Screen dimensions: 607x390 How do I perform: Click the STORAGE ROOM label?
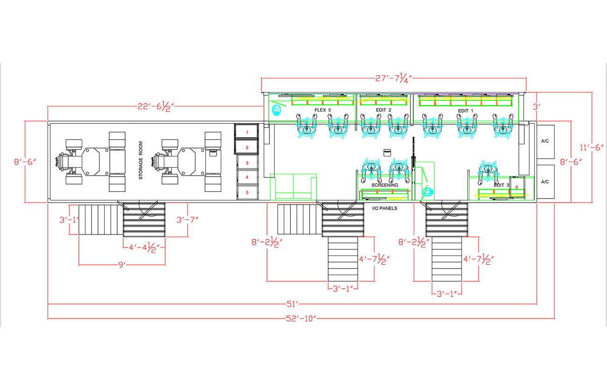(x=141, y=161)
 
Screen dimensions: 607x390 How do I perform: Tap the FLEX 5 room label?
(x=323, y=110)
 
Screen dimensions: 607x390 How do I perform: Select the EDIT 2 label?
(x=383, y=110)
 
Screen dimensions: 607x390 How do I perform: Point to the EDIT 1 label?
(x=466, y=111)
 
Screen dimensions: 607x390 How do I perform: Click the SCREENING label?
(x=385, y=185)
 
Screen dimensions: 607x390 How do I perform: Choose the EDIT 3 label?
(x=501, y=185)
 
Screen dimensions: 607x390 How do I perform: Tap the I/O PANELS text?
(x=385, y=208)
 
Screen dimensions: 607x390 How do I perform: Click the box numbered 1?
(x=247, y=132)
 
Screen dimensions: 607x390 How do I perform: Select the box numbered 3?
(x=247, y=163)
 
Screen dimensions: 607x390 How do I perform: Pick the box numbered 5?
(x=247, y=192)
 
